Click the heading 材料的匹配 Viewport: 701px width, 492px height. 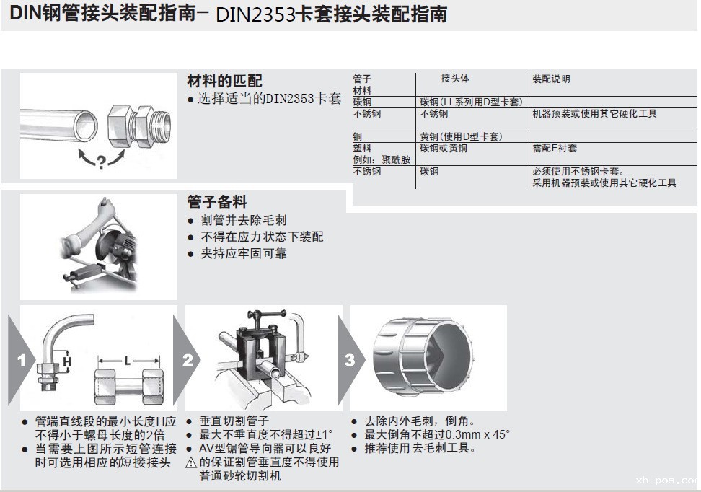pyautogui.click(x=224, y=81)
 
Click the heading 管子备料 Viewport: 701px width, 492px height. pyautogui.click(x=216, y=202)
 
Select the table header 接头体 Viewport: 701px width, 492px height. pyautogui.click(x=455, y=79)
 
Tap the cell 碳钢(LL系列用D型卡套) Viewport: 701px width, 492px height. pyautogui.click(x=471, y=102)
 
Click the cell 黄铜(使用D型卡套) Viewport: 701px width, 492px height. pyautogui.click(x=461, y=136)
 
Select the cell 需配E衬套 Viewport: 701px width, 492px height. pyautogui.click(x=555, y=148)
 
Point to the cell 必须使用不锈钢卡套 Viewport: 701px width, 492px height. pyautogui.click(x=578, y=172)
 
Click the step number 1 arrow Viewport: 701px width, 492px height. pyautogui.click(x=22, y=359)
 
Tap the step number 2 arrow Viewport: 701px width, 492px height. pyautogui.click(x=188, y=359)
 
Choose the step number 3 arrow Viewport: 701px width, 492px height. pyautogui.click(x=350, y=359)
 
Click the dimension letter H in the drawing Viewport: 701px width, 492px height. pyautogui.click(x=66, y=360)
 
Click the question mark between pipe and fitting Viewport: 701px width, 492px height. pyautogui.click(x=100, y=162)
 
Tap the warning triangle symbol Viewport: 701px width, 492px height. pyautogui.click(x=191, y=462)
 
